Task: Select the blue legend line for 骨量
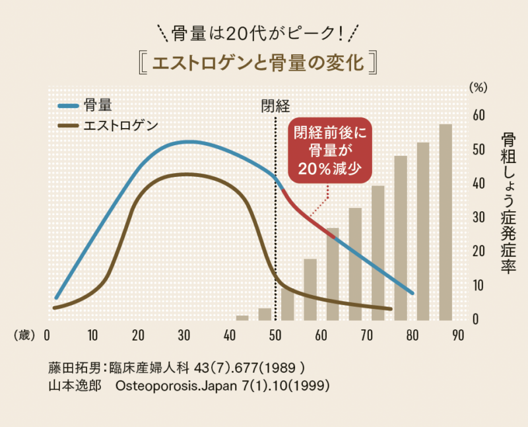[67, 105]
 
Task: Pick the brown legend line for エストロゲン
[67, 125]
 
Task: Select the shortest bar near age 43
[242, 317]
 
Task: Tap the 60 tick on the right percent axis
[479, 115]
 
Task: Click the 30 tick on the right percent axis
[479, 218]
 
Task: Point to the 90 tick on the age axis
[458, 334]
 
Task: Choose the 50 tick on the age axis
[275, 334]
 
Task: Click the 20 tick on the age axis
[137, 334]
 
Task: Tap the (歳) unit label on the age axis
[24, 335]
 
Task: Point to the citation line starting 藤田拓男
[175, 367]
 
